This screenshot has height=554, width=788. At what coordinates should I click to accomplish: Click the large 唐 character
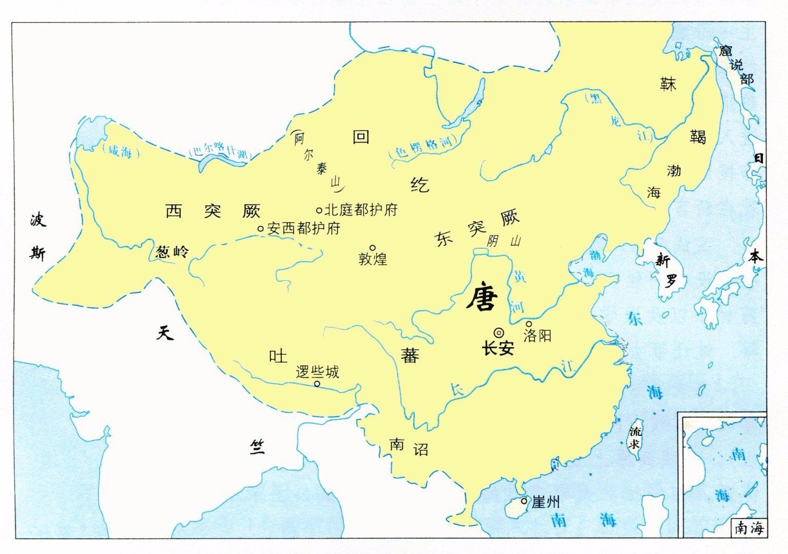(x=482, y=298)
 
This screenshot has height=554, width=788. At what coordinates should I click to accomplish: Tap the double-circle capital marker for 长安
(x=499, y=332)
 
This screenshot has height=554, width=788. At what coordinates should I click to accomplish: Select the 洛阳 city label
(x=537, y=336)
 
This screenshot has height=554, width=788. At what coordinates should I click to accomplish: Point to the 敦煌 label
(x=373, y=259)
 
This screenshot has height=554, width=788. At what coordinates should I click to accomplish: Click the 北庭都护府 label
(x=361, y=210)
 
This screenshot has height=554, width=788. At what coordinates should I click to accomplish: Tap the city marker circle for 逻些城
(x=317, y=384)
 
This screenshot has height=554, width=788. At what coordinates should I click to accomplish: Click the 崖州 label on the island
(x=546, y=502)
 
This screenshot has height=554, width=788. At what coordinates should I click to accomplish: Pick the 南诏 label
(x=409, y=447)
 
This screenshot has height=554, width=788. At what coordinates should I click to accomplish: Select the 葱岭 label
(x=172, y=252)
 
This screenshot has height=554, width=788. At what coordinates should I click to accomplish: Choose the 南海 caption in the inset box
(x=749, y=528)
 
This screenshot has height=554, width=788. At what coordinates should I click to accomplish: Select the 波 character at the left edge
(x=38, y=220)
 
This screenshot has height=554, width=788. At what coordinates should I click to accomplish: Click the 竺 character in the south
(x=257, y=447)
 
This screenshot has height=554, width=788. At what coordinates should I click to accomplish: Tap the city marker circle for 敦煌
(x=373, y=248)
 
